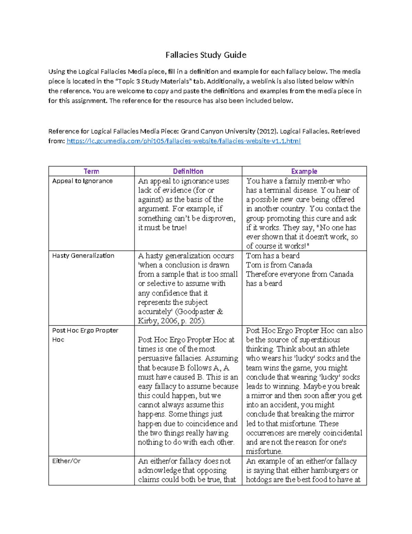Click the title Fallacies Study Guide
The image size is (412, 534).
[x=206, y=55]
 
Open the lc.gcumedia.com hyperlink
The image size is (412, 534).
[x=183, y=141]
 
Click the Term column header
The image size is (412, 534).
[x=91, y=171]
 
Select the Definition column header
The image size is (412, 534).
[x=188, y=171]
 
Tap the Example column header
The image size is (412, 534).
[x=304, y=171]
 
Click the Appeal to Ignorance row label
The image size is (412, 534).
[x=82, y=181]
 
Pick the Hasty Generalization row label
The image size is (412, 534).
[x=83, y=255]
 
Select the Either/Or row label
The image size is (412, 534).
[x=66, y=461]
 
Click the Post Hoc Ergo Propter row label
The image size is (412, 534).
[x=85, y=330]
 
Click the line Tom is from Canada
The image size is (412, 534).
[x=279, y=265]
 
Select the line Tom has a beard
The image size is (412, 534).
[x=273, y=256]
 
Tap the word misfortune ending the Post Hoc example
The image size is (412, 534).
[x=264, y=451]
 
